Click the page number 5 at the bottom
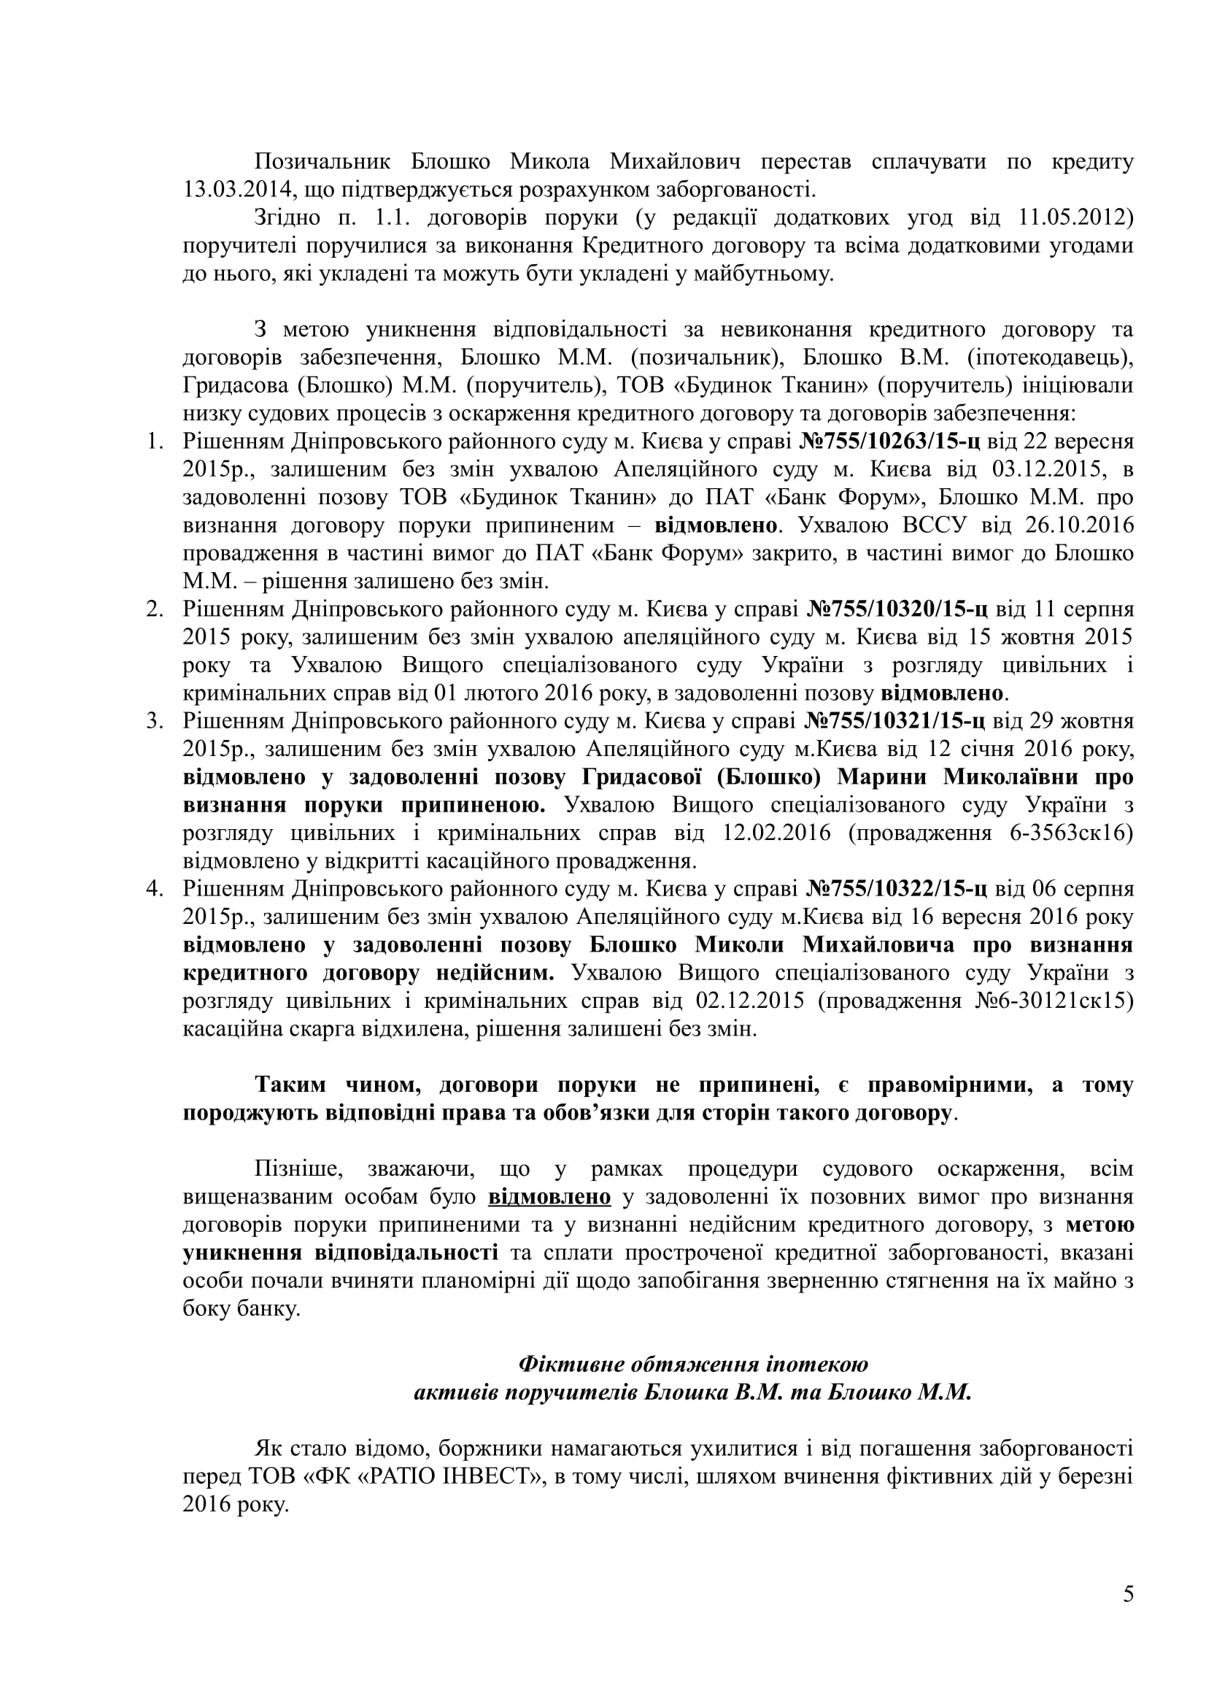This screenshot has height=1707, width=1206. (1129, 1615)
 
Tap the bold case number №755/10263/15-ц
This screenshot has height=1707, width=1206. (889, 442)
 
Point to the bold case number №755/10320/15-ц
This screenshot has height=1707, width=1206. (897, 609)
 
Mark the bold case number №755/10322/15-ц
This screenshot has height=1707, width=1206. (897, 889)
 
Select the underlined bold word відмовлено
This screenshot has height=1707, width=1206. (550, 1198)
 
